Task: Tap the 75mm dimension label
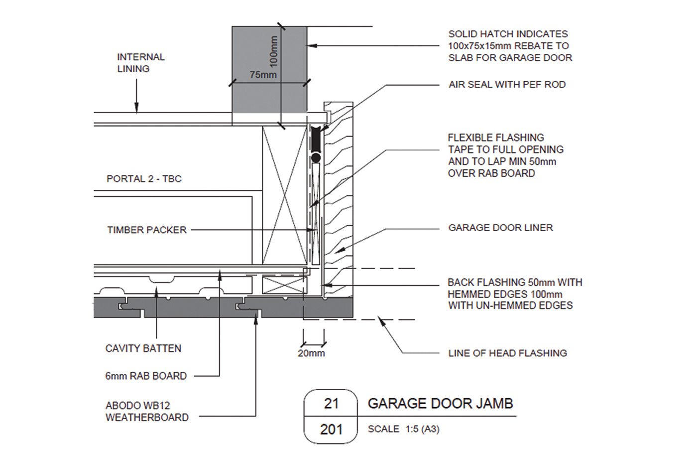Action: (x=263, y=75)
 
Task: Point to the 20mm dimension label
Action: (x=311, y=353)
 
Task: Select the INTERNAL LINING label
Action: (x=141, y=63)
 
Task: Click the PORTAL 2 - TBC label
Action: (x=144, y=179)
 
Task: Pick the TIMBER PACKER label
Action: (x=147, y=230)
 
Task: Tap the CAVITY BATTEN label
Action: (x=143, y=348)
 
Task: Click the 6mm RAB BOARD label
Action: (x=146, y=376)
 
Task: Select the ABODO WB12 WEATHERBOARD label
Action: (x=147, y=412)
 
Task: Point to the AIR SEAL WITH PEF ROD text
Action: (x=507, y=85)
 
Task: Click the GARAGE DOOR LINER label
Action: (x=500, y=228)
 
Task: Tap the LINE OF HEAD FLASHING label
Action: (x=507, y=353)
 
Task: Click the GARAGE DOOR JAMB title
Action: (x=440, y=403)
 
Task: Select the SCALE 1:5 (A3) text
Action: (x=403, y=429)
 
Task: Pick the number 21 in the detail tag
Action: (x=331, y=403)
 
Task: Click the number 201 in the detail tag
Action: (x=331, y=429)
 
